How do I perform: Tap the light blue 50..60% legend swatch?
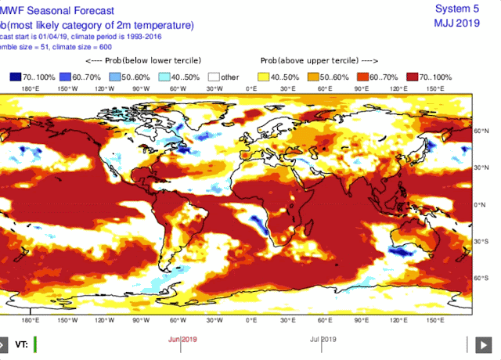[x=114, y=77]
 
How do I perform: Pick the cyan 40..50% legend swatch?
[x=164, y=77]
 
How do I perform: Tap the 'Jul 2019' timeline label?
[x=323, y=339]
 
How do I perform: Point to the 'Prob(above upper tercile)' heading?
[x=318, y=60]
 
